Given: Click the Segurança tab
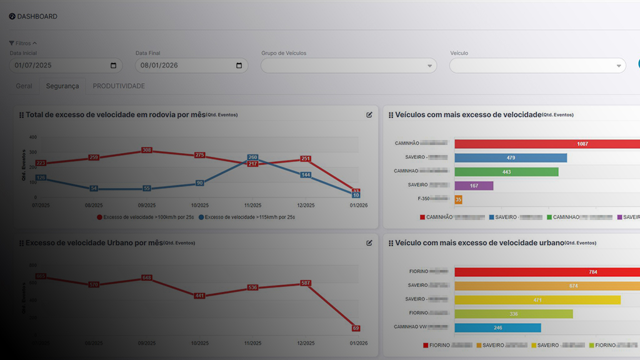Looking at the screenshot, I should click(62, 86).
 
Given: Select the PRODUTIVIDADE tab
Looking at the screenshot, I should click(119, 86).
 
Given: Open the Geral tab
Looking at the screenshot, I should click(24, 86).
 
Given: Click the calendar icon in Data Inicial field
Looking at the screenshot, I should click(113, 66).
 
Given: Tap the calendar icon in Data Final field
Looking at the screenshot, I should click(239, 66).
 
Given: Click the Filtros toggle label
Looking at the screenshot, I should click(22, 43).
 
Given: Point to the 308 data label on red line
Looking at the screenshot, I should click(147, 150).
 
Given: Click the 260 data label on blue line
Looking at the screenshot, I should click(252, 157).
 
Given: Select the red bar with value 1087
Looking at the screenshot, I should click(547, 144).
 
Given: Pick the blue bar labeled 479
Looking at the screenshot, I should click(510, 157).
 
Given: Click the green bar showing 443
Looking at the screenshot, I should click(506, 171).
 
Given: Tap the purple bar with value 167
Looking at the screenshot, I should click(474, 186).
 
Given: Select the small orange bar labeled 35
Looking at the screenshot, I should click(458, 199).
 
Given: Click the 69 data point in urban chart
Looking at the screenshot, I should click(356, 328).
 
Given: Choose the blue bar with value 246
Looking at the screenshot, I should click(497, 327).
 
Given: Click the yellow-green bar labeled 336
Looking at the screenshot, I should click(513, 314).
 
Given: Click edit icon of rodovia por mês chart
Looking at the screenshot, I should click(369, 114).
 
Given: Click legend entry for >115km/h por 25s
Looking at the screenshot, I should click(246, 217).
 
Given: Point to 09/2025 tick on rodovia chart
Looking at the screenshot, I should click(147, 205).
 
